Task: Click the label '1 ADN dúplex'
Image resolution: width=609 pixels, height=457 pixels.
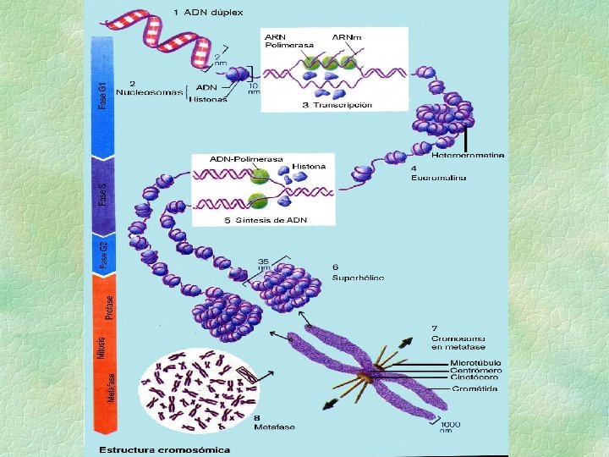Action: (207, 13)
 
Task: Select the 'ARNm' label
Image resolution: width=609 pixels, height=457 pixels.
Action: (344, 36)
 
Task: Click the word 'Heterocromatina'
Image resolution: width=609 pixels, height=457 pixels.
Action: (468, 155)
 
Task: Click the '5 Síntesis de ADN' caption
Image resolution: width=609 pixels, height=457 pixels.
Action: (265, 220)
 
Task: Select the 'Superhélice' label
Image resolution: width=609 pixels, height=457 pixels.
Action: (359, 277)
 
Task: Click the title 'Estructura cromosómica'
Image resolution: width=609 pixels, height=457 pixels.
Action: (165, 449)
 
